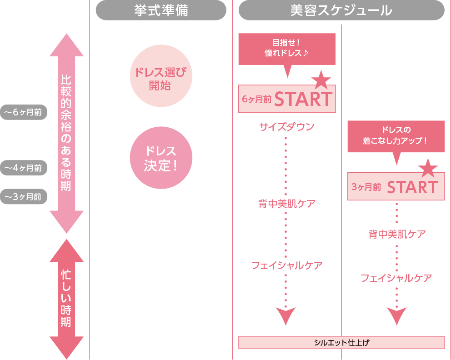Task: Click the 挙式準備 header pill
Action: [161, 10]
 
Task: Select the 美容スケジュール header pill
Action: [341, 10]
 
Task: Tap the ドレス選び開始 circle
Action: [161, 78]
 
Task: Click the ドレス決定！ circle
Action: [161, 158]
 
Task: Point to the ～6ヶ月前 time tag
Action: [24, 112]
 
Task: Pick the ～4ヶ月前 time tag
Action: [24, 168]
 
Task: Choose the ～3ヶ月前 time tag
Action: [24, 197]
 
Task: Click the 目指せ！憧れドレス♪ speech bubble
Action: [286, 49]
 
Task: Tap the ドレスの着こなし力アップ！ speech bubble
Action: [396, 136]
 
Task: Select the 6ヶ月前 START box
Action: [287, 99]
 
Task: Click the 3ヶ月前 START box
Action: [396, 186]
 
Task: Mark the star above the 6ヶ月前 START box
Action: [321, 80]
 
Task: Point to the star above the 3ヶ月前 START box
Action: [428, 168]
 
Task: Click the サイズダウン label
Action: [286, 127]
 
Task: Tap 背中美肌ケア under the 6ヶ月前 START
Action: [286, 203]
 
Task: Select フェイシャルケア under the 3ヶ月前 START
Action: [396, 278]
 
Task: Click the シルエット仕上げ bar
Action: [341, 342]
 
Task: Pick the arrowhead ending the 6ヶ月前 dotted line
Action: [286, 315]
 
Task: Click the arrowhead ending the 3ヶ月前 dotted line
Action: [396, 315]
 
